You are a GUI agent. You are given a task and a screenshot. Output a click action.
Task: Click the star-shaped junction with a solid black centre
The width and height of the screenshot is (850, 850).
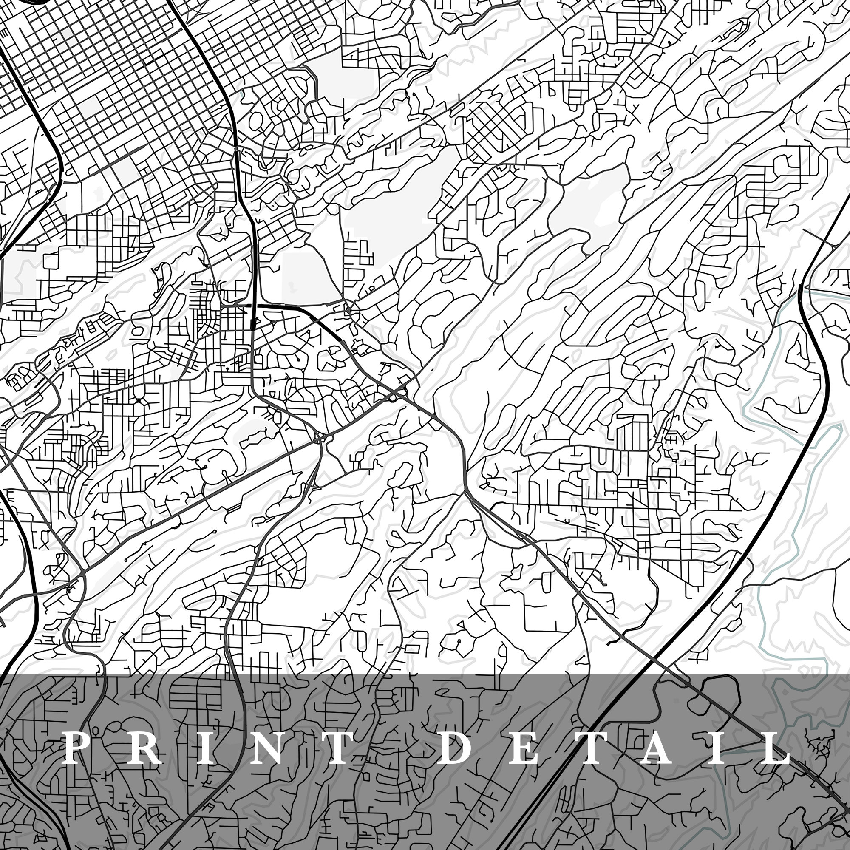(139, 400)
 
